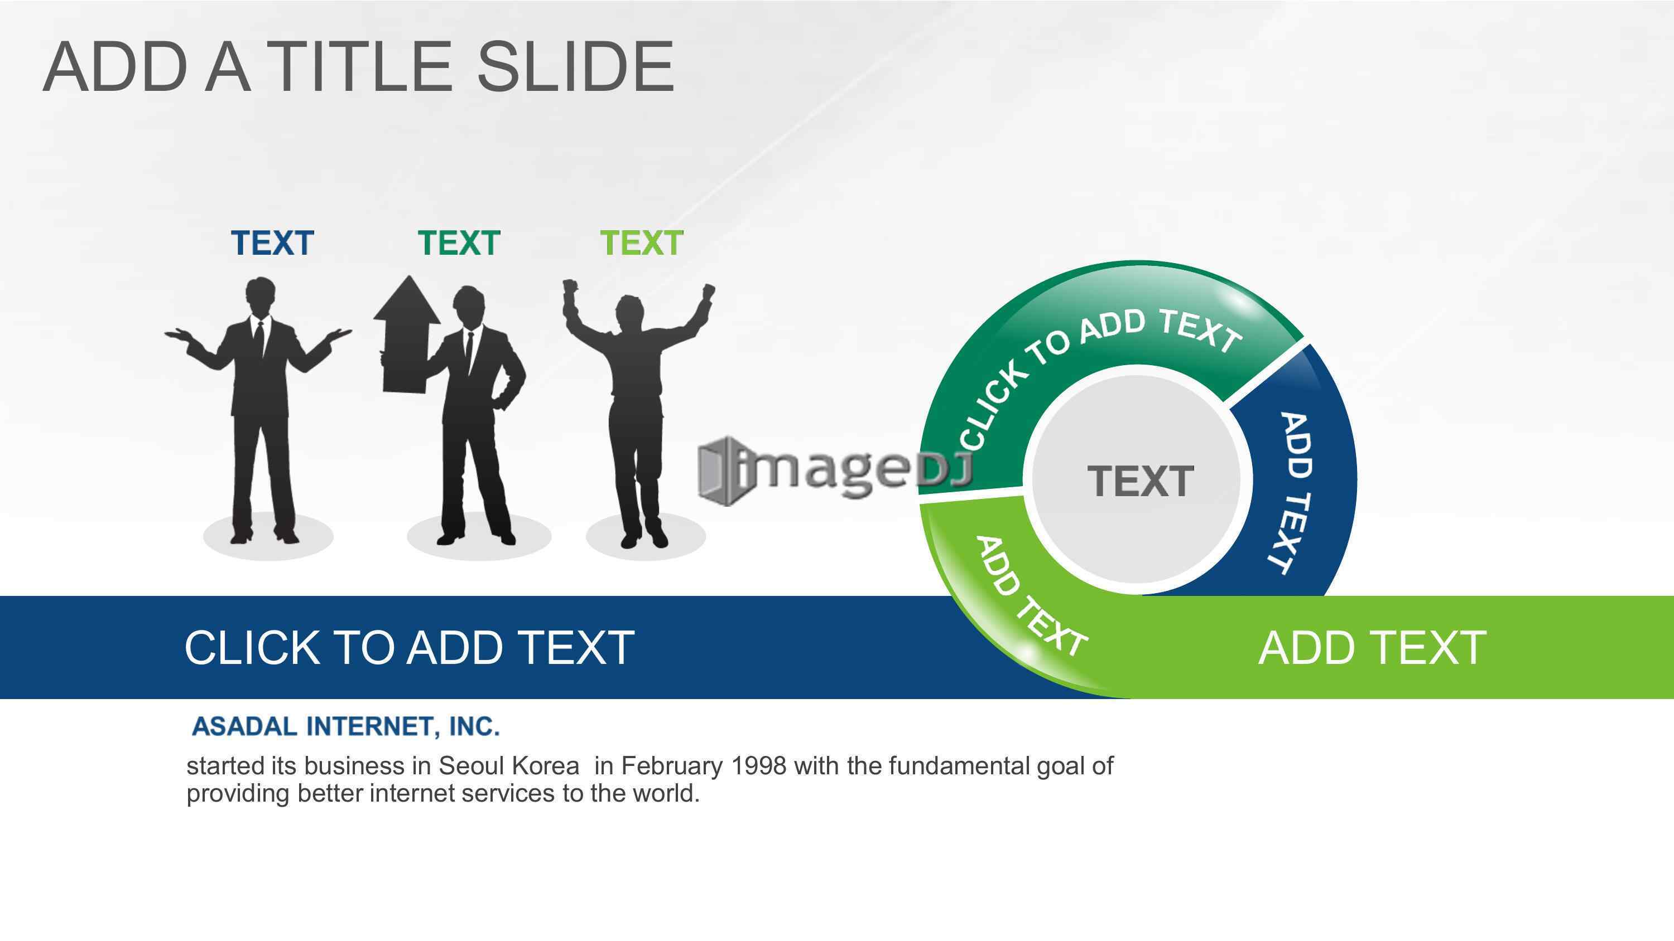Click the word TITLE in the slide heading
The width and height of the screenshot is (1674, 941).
coord(360,66)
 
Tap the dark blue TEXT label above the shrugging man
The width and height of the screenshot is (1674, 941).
coord(272,243)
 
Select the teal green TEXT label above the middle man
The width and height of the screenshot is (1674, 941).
coord(459,243)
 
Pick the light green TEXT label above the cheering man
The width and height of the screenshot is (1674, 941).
coord(641,243)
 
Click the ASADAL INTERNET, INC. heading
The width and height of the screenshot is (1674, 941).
coord(347,726)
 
